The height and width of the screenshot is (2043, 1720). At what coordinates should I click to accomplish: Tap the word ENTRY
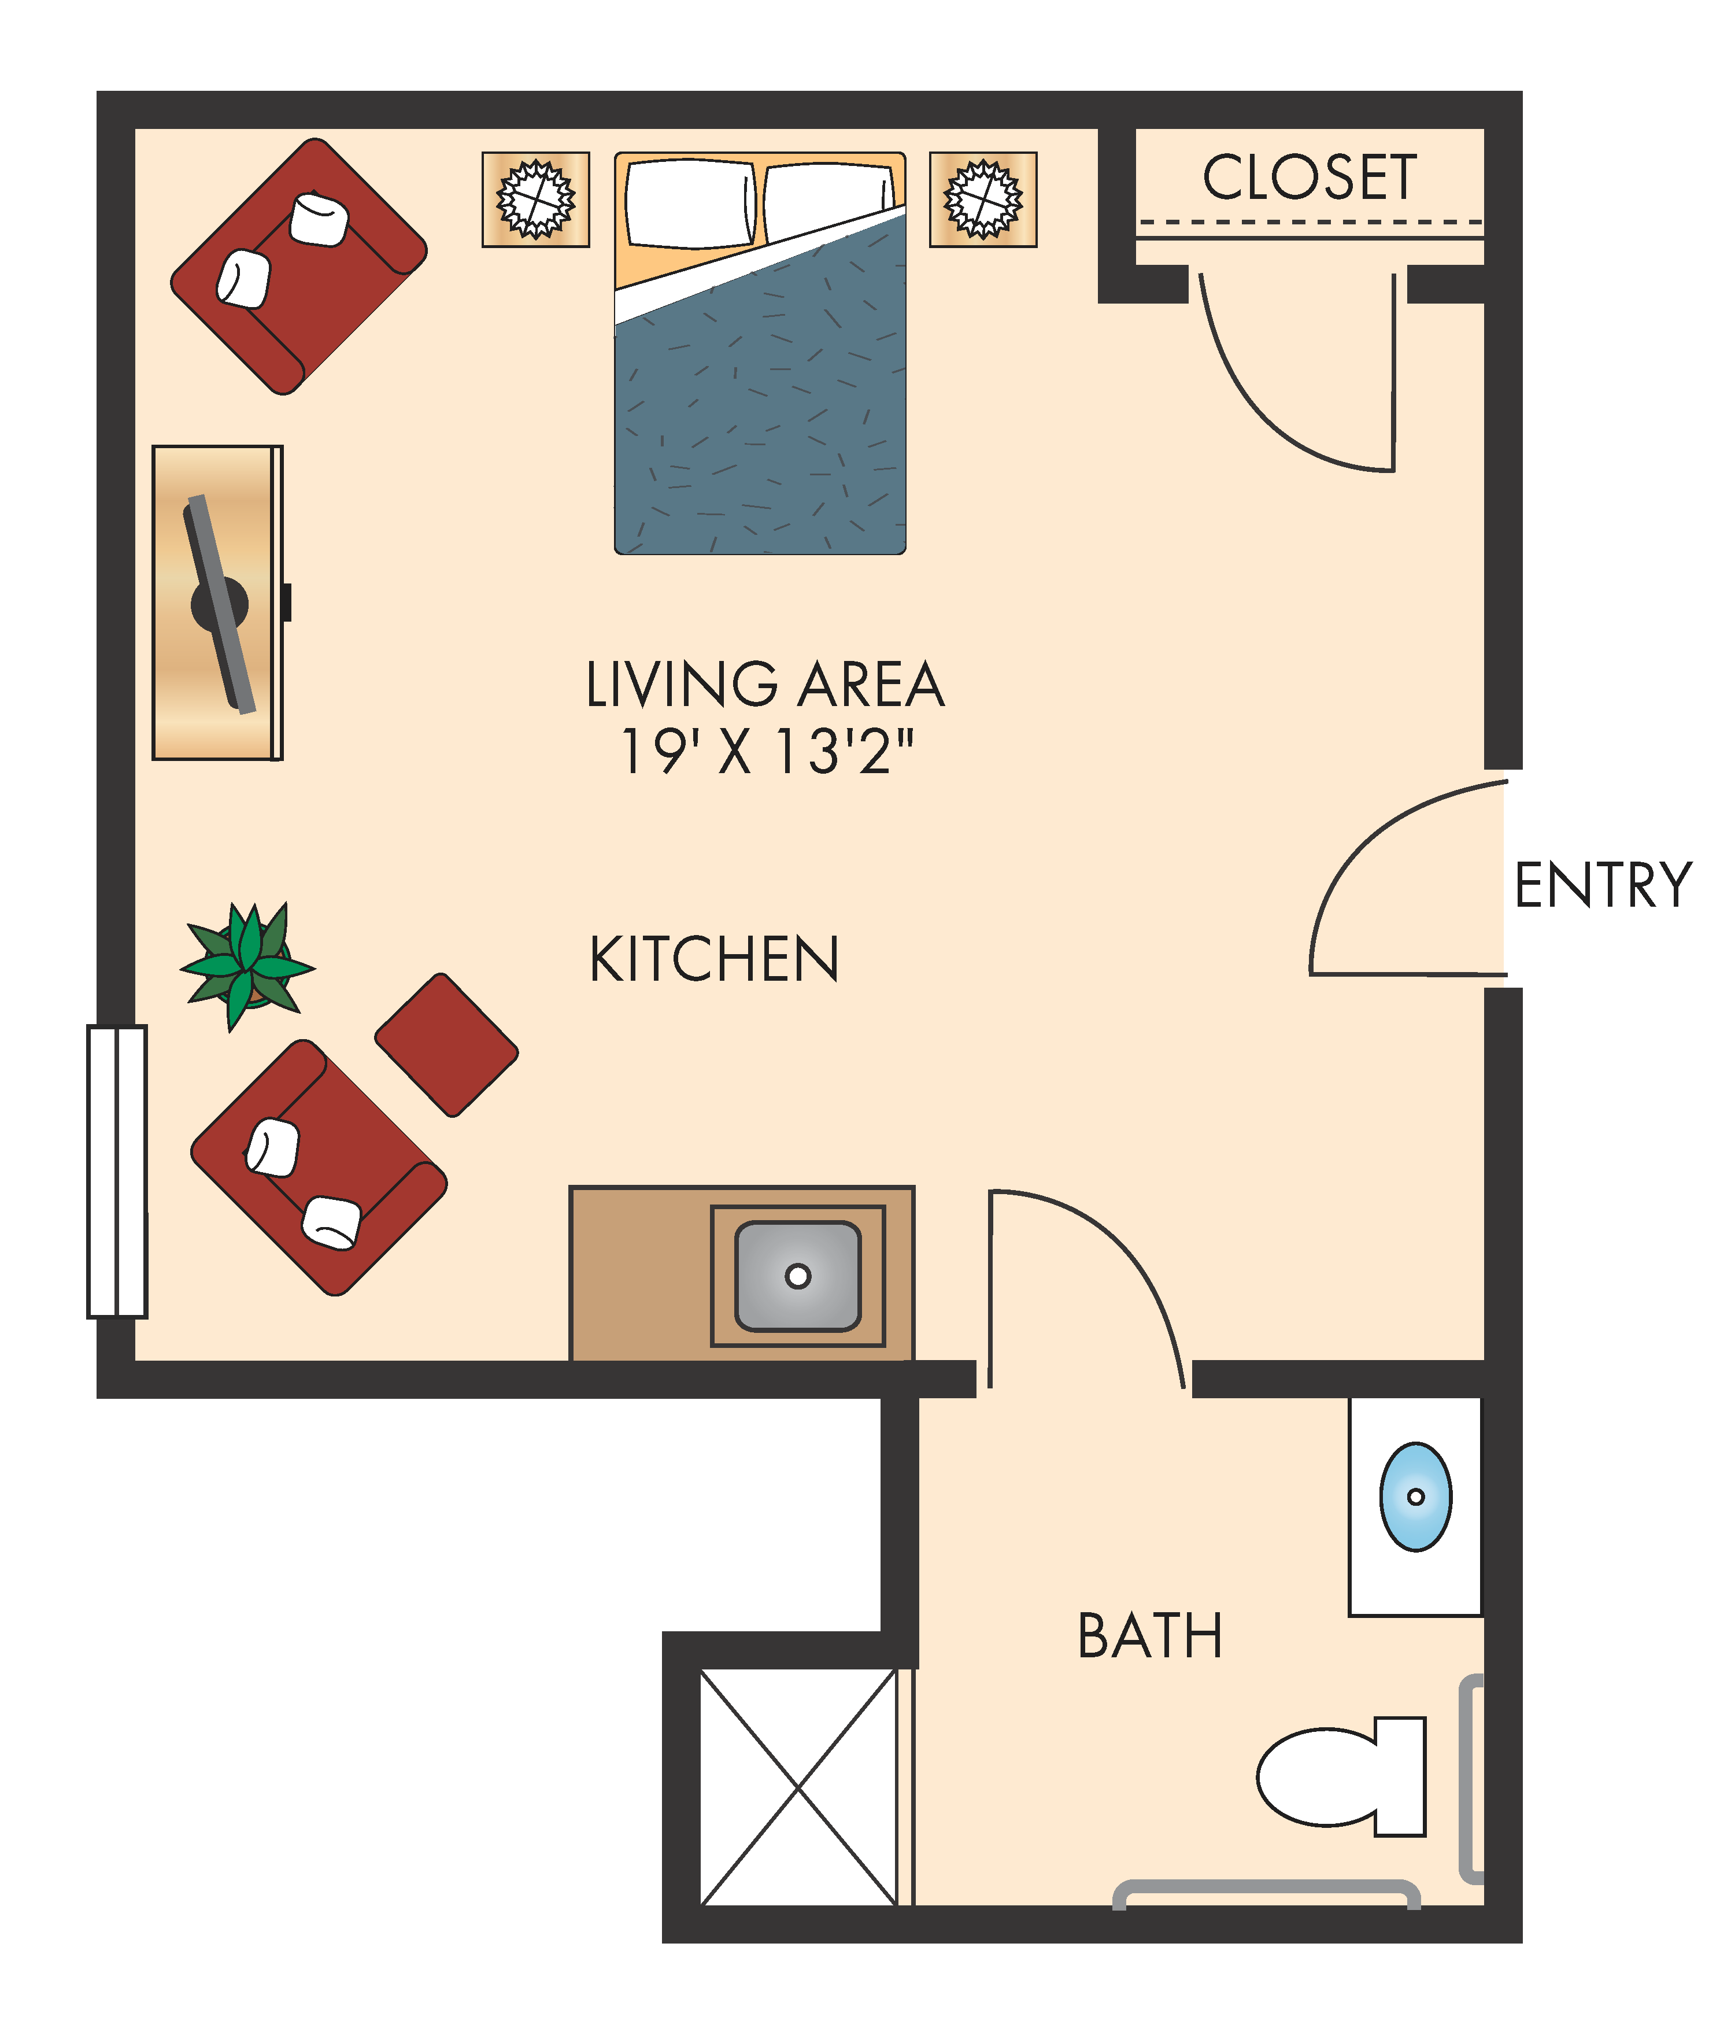click(x=1602, y=885)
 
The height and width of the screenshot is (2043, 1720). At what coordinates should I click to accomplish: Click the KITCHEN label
click(x=714, y=959)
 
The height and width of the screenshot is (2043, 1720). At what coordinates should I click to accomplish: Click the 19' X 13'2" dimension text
click(x=767, y=752)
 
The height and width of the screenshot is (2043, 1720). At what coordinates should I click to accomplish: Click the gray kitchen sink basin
click(x=798, y=1276)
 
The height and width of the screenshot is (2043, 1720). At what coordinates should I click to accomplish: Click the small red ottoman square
click(x=446, y=1044)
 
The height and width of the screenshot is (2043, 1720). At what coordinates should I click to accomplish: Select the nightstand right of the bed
click(x=983, y=199)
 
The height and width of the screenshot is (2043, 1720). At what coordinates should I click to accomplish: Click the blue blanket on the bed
click(x=760, y=419)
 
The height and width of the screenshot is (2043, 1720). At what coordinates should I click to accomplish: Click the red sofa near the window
click(x=319, y=1168)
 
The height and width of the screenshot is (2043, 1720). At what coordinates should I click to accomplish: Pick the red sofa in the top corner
click(x=298, y=265)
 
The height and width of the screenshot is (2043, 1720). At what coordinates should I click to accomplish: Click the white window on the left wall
click(x=117, y=1171)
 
